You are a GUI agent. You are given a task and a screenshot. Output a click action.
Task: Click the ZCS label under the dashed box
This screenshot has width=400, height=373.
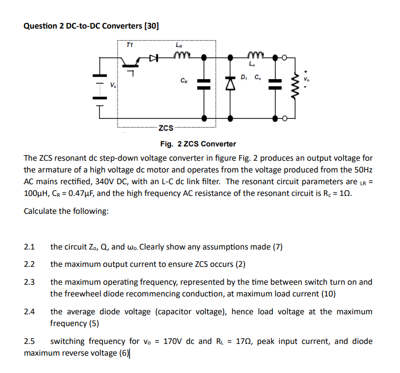166,127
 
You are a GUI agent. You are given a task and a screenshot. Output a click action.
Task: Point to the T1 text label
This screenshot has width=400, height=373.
129,45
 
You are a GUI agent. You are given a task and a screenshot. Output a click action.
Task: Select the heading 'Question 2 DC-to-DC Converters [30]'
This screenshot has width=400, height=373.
91,26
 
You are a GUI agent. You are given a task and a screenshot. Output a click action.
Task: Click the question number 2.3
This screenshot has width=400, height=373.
29,282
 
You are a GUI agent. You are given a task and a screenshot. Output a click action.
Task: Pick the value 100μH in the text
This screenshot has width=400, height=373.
37,194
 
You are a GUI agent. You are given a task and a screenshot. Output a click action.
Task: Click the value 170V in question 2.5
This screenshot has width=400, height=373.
174,341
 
